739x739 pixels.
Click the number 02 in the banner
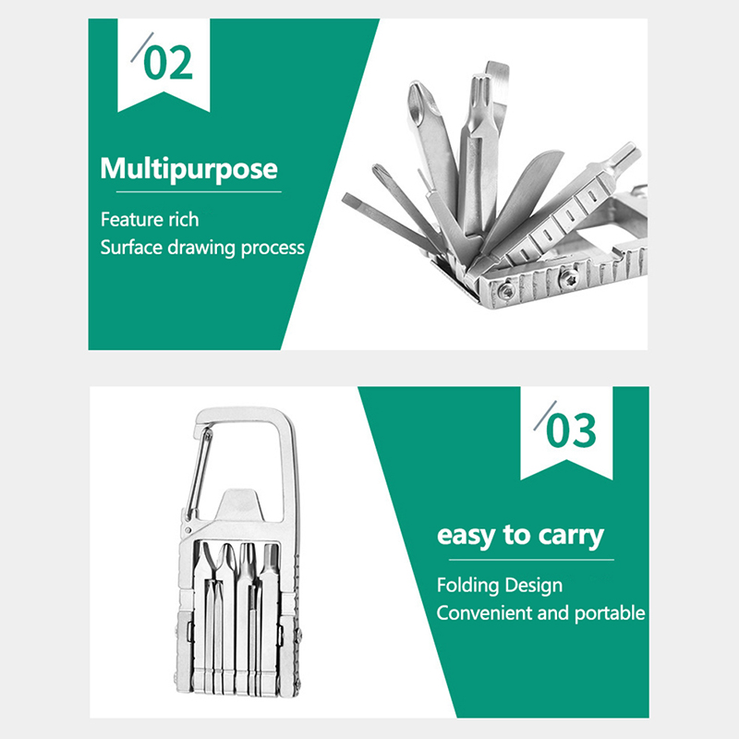pos(168,63)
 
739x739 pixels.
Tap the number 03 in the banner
pos(571,430)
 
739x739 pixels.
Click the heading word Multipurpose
pos(189,170)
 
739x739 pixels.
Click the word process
pos(273,248)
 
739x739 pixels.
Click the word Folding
pos(466,586)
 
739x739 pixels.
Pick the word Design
pos(532,586)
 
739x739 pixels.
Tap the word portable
pos(610,613)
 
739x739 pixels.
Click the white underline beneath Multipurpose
pos(199,192)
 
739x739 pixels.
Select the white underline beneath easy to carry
pos(531,560)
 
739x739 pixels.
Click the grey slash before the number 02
pos(142,47)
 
